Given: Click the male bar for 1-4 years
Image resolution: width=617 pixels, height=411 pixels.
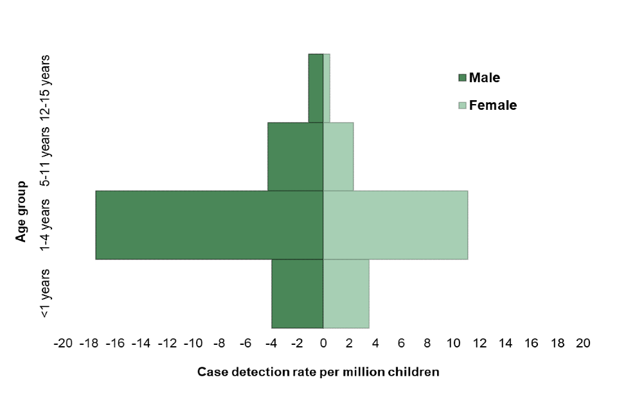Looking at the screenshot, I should point(209,225).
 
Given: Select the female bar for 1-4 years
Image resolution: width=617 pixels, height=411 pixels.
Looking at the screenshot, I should point(395,225).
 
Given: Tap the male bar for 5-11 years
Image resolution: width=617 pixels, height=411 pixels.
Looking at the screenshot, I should point(295,156).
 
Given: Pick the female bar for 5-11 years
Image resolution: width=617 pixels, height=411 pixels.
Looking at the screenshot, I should point(338,156).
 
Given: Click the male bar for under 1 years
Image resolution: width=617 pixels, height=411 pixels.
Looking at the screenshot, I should point(297,293).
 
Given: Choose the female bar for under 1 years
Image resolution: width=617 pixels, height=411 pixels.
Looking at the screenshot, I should point(346,293).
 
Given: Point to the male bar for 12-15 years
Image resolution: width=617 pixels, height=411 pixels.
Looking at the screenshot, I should point(316,88).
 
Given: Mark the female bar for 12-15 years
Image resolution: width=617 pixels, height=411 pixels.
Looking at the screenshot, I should point(326,88).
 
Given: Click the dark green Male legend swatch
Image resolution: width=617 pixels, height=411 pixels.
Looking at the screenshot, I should point(462,78).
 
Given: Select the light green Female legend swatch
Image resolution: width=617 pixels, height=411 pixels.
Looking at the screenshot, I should point(462,105).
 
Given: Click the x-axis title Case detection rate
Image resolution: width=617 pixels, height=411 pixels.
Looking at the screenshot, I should point(318,372).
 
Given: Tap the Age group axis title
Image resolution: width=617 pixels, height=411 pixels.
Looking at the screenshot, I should point(22,212).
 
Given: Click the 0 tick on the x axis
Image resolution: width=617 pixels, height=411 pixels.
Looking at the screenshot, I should point(323,344).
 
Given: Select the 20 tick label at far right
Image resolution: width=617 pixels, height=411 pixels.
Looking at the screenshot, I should point(583,344).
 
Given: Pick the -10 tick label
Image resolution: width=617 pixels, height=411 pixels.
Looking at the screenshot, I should point(193,344).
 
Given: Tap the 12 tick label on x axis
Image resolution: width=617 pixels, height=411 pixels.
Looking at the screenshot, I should point(479,344).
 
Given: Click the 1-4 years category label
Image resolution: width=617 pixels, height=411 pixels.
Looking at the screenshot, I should point(45,225).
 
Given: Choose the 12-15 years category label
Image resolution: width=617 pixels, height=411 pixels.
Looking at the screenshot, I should point(45,88).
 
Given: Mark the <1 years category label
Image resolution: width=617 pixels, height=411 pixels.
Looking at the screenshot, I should point(45,293).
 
